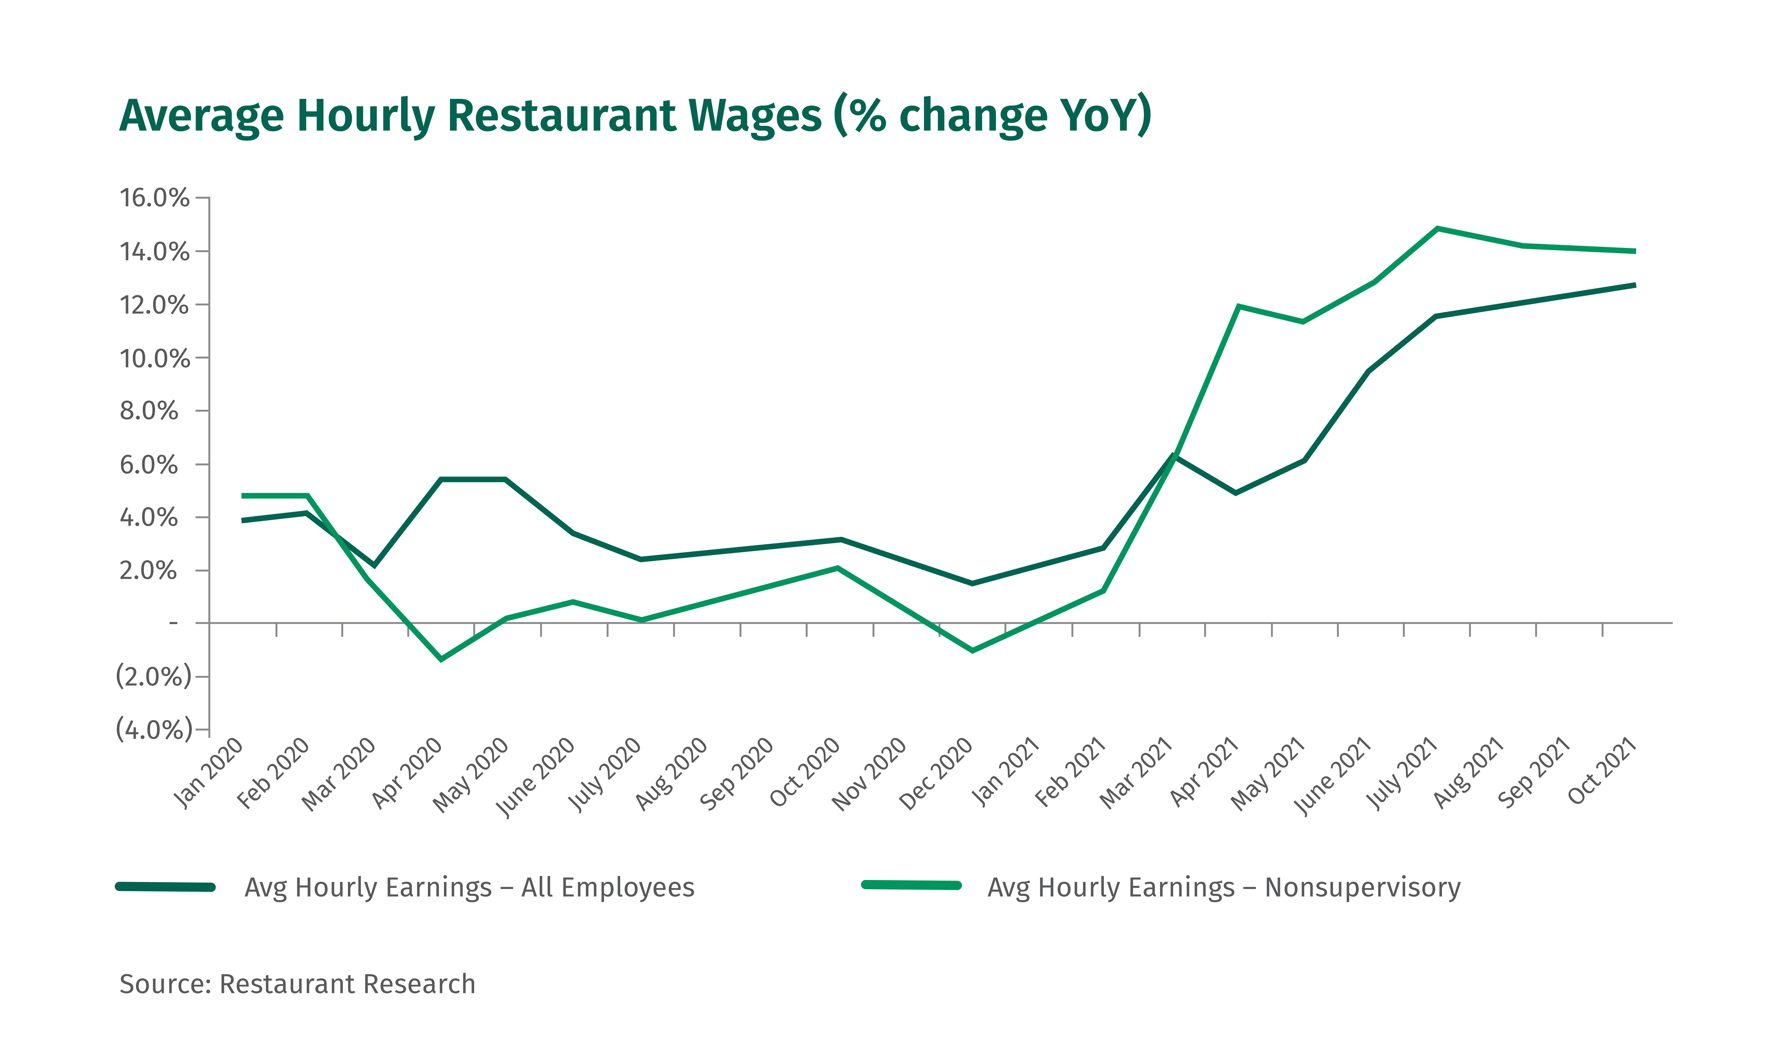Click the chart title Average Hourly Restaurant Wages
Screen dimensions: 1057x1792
tap(634, 115)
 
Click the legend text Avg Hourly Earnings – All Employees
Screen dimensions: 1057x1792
tap(469, 887)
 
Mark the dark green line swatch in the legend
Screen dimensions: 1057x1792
tap(165, 887)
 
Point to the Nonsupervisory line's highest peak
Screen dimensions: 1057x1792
tap(1438, 229)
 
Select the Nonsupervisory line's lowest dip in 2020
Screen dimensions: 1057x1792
tap(441, 659)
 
